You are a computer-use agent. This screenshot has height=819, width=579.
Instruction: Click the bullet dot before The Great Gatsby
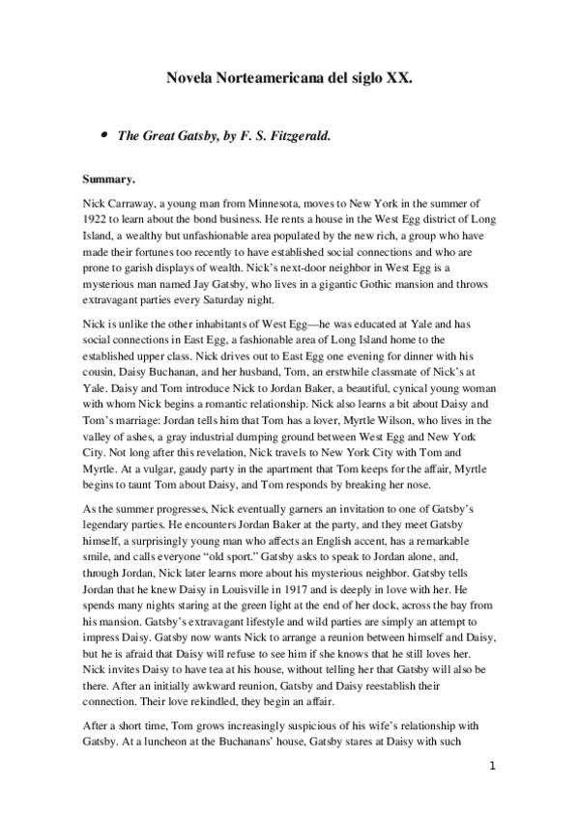point(102,136)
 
